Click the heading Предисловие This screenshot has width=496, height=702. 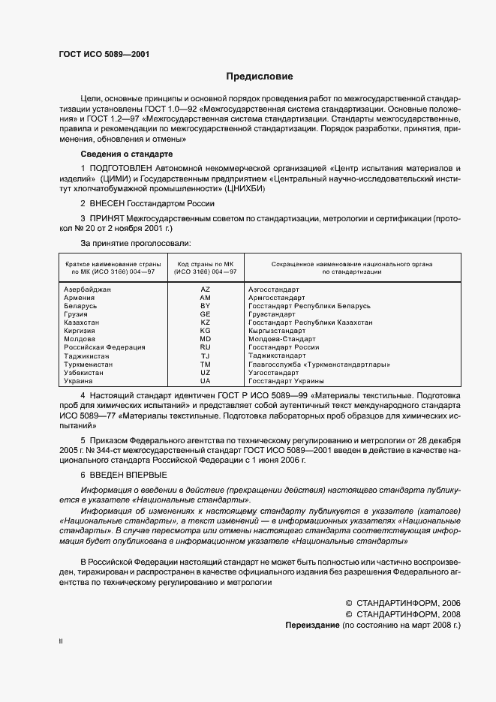(259, 76)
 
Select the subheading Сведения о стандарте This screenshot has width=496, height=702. (126, 154)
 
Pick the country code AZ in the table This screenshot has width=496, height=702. (205, 289)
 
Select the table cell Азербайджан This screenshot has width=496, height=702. (88, 289)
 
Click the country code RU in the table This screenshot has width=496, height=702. (205, 347)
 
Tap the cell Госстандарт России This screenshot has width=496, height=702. (284, 347)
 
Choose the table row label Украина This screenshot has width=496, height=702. (79, 381)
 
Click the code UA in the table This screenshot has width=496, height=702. (205, 381)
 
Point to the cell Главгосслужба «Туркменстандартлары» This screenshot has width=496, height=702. (318, 364)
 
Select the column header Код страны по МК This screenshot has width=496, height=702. (205, 265)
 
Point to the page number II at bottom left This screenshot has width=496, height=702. (61, 642)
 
